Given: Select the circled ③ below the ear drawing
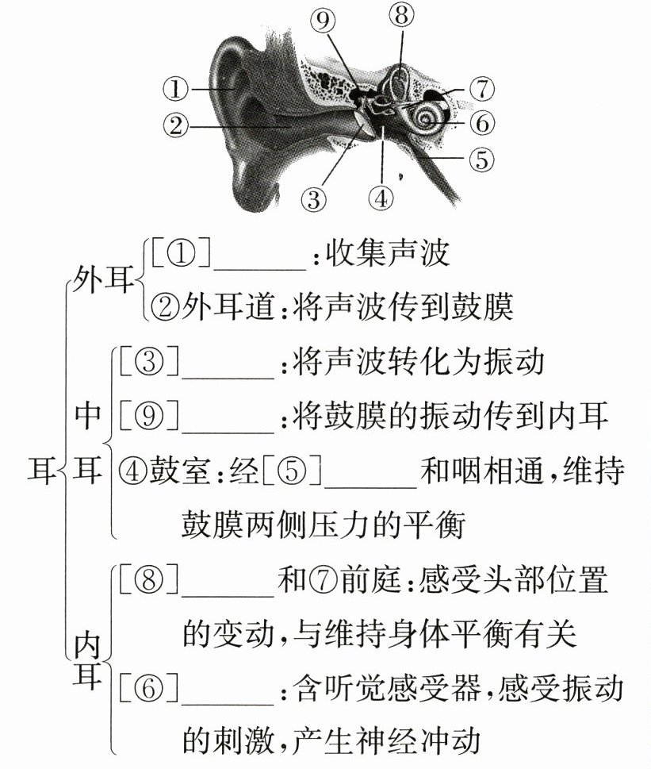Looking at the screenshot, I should click(314, 198).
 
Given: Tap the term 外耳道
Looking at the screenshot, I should click(217, 306).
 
